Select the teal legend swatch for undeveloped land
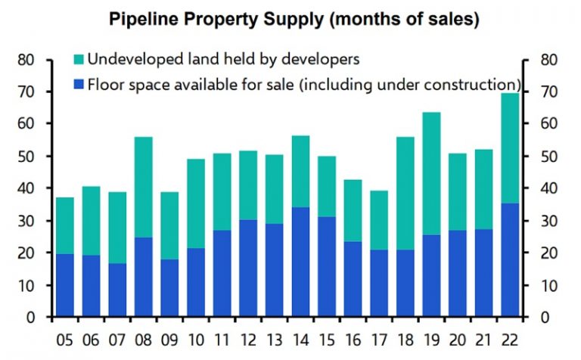(78, 59)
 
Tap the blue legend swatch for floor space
(78, 83)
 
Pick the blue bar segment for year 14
(301, 262)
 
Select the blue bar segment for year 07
(117, 290)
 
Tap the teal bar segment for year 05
(65, 226)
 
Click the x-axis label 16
(353, 337)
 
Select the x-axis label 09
(170, 337)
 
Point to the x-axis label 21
(484, 337)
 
